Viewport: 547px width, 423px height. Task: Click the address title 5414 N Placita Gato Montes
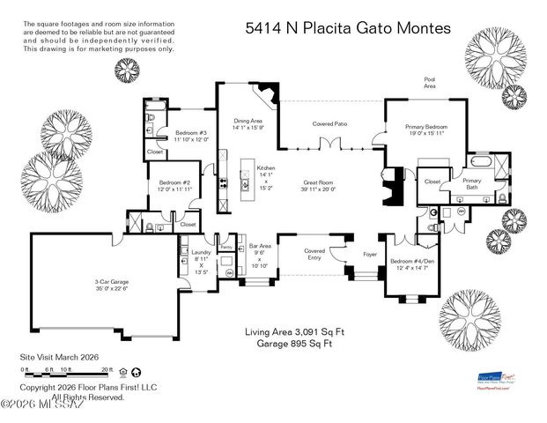[x=348, y=28]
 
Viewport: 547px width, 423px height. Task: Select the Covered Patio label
[x=329, y=124]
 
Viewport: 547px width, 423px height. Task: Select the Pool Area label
[x=430, y=83]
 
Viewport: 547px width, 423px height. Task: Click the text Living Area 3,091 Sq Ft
[x=287, y=332]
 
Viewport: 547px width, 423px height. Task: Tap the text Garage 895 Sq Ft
[x=287, y=345]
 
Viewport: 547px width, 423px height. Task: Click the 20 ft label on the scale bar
[x=107, y=369]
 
